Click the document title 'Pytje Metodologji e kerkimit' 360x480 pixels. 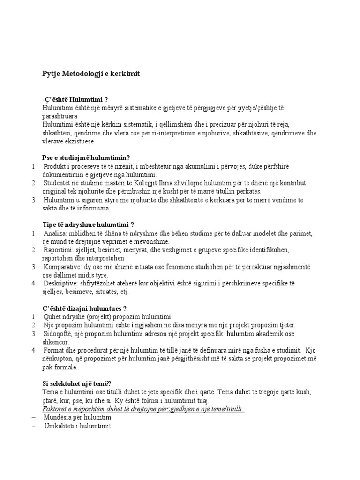click(91, 74)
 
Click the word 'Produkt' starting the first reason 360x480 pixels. click(55, 166)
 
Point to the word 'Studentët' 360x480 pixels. click(59, 183)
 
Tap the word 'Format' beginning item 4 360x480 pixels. click(55, 350)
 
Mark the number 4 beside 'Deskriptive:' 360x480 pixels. click(33, 284)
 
